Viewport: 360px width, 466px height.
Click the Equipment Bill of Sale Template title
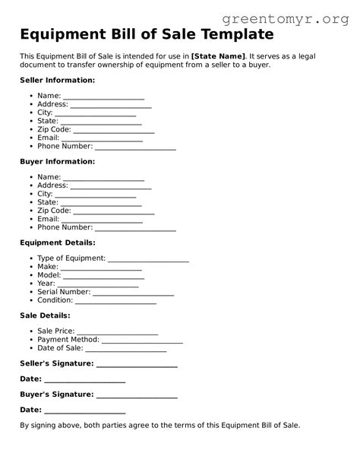pos(147,34)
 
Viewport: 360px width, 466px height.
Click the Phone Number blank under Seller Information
pos(135,147)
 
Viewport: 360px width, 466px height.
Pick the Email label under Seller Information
pos(48,138)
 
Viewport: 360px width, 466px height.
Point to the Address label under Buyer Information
pos(52,185)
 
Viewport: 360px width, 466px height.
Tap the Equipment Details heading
pos(57,243)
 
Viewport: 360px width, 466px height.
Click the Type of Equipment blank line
pos(148,259)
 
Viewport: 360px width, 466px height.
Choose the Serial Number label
pos(64,292)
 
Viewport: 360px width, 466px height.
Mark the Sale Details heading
pos(45,315)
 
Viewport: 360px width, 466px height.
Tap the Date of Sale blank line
pos(125,349)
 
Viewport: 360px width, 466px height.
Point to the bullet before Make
pos(30,268)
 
